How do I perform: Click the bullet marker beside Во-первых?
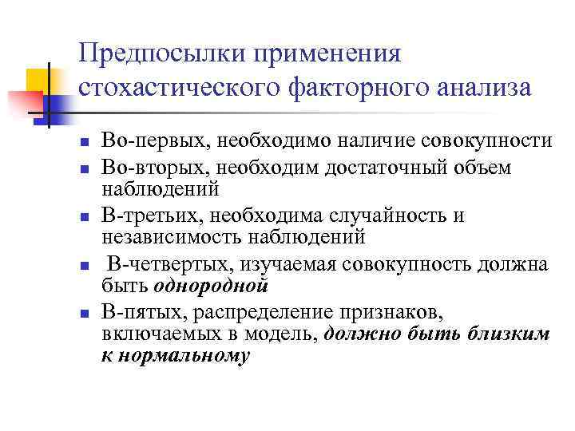pyautogui.click(x=84, y=143)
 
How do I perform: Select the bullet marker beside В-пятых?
pyautogui.click(x=84, y=313)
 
